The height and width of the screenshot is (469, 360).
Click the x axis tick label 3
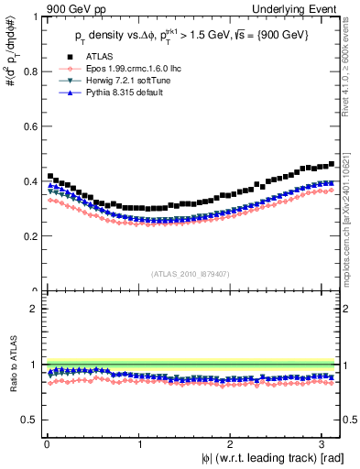(321, 445)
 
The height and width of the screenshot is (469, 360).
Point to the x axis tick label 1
(139, 445)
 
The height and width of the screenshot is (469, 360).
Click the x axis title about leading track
(262, 459)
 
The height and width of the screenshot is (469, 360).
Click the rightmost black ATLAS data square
(331, 164)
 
